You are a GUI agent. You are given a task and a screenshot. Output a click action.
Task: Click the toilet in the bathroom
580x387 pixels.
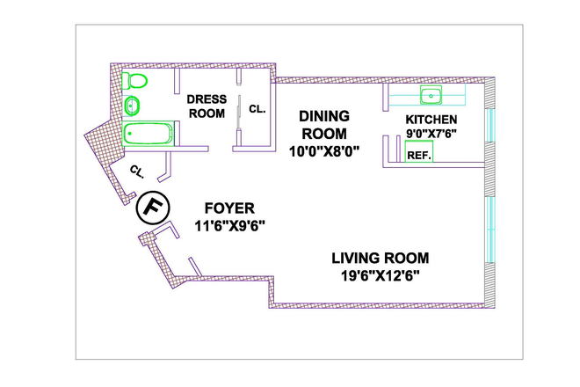134,81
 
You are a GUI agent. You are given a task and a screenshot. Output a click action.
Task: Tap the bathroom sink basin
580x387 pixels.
131,106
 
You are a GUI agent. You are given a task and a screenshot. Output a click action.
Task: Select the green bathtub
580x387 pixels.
148,134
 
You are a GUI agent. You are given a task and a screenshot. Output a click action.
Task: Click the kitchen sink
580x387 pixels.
431,95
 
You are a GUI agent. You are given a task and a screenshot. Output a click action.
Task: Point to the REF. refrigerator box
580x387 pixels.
419,151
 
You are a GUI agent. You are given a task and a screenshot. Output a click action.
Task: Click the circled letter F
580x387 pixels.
153,208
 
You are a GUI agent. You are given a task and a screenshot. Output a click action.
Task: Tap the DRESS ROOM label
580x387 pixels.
207,106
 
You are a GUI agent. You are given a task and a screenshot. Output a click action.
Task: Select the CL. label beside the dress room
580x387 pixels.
257,109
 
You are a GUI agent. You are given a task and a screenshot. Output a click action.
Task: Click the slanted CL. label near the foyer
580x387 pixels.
137,172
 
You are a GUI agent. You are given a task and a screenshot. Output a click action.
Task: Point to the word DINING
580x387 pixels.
324,116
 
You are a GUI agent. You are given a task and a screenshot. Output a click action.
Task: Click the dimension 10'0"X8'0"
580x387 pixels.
324,151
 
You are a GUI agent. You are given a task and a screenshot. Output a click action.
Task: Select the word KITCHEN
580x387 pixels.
431,120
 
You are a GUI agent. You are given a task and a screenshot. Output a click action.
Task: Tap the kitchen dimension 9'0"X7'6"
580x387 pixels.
431,134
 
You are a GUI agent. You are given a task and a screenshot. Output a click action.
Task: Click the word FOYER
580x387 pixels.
229,208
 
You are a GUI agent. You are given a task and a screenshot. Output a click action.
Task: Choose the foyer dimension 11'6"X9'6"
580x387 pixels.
230,226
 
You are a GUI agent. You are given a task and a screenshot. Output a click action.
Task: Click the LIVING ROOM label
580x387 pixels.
381,258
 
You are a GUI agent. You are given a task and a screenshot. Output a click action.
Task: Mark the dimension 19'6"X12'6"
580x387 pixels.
381,276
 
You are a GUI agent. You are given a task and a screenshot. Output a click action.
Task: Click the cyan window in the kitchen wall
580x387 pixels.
489,125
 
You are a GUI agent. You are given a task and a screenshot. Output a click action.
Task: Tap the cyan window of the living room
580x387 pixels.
489,230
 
